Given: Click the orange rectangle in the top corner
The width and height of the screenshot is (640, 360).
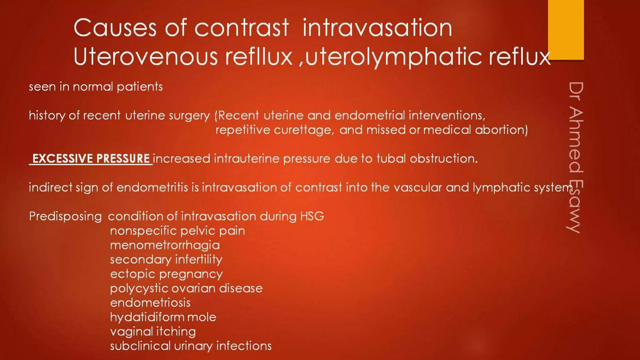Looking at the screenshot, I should [566, 30].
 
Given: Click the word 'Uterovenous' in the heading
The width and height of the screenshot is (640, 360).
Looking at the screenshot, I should [146, 57].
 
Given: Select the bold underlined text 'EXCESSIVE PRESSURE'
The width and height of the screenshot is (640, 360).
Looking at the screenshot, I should [91, 159].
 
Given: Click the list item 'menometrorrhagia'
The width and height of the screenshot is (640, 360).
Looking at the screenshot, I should [165, 245].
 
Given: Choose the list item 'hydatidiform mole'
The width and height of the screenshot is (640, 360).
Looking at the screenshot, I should [163, 317].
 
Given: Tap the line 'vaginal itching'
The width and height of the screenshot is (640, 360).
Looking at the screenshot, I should [153, 332].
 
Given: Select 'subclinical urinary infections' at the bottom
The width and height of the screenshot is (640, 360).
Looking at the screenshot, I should [191, 346].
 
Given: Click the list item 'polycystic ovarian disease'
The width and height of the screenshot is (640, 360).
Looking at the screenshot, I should [186, 288].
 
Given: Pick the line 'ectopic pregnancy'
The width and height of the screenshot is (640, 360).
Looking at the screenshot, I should [166, 274].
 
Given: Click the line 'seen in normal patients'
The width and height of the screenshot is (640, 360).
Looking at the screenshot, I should [96, 87].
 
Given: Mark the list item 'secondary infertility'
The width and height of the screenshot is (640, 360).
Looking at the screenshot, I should [166, 260].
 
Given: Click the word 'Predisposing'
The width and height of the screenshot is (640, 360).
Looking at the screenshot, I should [65, 217].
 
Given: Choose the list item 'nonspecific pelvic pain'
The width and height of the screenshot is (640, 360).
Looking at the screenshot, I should [177, 231].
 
